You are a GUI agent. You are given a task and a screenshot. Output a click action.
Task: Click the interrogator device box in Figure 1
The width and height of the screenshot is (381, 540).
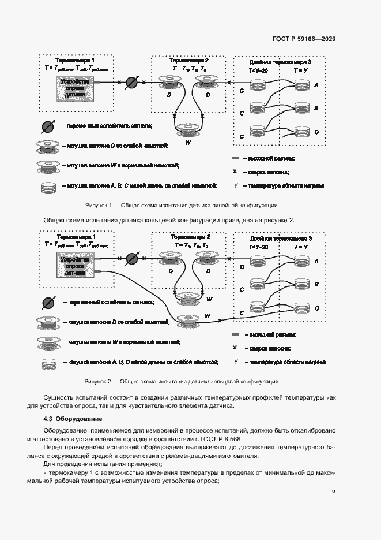[x=72, y=88]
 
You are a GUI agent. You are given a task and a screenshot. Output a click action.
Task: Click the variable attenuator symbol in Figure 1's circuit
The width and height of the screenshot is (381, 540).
[x=131, y=83]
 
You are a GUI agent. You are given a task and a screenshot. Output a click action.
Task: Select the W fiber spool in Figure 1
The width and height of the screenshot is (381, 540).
[x=188, y=129]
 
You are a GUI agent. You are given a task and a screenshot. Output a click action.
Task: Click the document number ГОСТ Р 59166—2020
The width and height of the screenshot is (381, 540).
[x=304, y=39]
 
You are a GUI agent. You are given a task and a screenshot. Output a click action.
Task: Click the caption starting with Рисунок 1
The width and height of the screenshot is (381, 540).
[x=181, y=205]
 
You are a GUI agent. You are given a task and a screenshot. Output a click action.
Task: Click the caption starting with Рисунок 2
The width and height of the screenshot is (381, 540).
[x=181, y=382]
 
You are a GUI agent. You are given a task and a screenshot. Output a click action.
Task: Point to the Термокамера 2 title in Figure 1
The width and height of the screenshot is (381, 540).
[x=189, y=61]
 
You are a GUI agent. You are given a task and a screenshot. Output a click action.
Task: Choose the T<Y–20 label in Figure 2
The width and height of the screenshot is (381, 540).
[x=258, y=247]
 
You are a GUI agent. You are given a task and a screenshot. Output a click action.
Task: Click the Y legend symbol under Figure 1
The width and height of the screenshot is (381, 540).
[x=236, y=186]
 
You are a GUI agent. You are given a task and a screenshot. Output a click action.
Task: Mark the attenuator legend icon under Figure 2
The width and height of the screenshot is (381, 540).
[x=47, y=302]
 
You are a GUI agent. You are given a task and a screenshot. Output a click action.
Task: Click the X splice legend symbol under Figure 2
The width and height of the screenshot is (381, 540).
[x=235, y=348]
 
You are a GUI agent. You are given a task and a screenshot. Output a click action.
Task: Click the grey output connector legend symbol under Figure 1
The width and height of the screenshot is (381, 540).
[x=235, y=158]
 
